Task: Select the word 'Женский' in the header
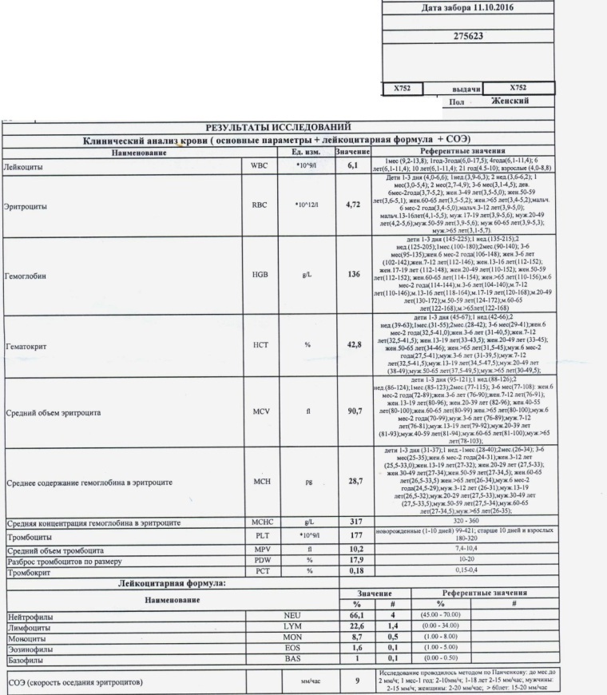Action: click(x=510, y=101)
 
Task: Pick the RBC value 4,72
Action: click(x=352, y=205)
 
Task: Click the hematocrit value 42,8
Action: click(x=352, y=344)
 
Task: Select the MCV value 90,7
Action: click(x=352, y=411)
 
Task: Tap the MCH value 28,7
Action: click(x=352, y=482)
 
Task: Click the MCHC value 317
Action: click(x=352, y=522)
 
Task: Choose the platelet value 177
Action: click(x=352, y=535)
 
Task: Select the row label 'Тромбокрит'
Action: click(x=29, y=572)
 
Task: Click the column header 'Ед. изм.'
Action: click(x=305, y=151)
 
